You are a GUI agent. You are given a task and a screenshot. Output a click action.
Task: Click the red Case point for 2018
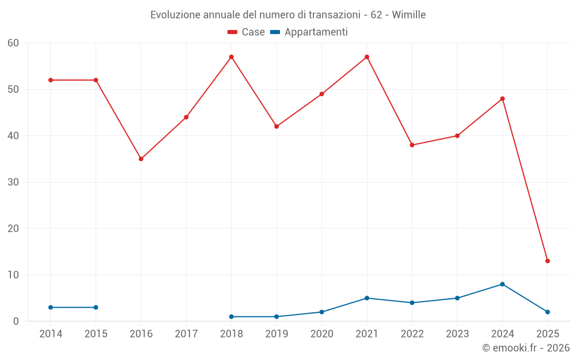point(232,57)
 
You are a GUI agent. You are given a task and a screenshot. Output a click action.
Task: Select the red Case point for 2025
point(548,261)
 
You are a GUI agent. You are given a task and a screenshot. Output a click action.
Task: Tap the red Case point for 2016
point(141,159)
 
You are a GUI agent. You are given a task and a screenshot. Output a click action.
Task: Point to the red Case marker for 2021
point(367,57)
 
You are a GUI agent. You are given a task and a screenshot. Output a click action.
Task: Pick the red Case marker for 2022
point(412,145)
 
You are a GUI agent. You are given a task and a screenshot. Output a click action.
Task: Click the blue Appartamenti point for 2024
point(503,284)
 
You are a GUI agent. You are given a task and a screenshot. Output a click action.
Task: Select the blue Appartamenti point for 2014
point(51,308)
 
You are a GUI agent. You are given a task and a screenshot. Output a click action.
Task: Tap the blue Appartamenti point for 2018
point(232,317)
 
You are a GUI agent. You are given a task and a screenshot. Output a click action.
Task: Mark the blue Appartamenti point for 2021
point(367,298)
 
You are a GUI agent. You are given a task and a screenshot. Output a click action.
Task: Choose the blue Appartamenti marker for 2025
point(548,312)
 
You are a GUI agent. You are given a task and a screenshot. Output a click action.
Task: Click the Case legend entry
point(246,32)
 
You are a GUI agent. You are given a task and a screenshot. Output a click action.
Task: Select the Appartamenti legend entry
point(309,32)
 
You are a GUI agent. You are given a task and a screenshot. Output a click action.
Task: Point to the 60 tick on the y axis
point(13,43)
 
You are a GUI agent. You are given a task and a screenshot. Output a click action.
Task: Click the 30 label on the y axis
point(13,182)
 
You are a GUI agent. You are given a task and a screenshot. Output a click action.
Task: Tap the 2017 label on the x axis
point(186,334)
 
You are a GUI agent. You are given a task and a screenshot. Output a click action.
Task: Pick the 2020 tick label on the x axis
point(322,334)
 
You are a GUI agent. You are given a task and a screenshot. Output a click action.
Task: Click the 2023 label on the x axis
point(457,334)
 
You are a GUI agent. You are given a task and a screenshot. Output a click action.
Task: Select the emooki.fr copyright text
point(525,348)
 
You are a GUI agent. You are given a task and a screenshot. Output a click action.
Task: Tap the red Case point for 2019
point(276,127)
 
